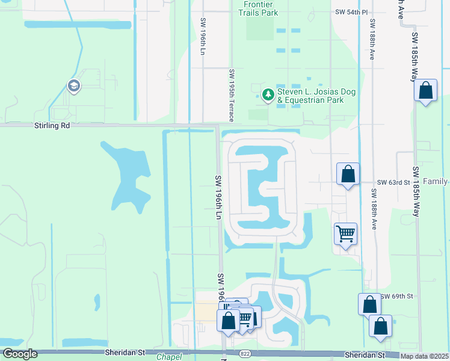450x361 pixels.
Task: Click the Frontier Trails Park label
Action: tap(261, 8)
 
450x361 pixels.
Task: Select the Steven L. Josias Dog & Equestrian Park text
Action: tap(316, 96)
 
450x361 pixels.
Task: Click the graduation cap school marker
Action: tap(74, 86)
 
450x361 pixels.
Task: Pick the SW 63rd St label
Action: tap(393, 182)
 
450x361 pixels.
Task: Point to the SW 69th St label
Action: tap(397, 297)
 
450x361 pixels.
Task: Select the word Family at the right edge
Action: tap(436, 181)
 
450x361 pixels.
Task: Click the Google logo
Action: tap(20, 354)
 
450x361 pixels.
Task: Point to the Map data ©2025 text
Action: tap(425, 356)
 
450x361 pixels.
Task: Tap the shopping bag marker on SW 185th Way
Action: tap(425, 91)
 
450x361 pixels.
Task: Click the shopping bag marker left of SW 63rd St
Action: tap(348, 174)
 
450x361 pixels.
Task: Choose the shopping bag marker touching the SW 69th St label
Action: tap(369, 304)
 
